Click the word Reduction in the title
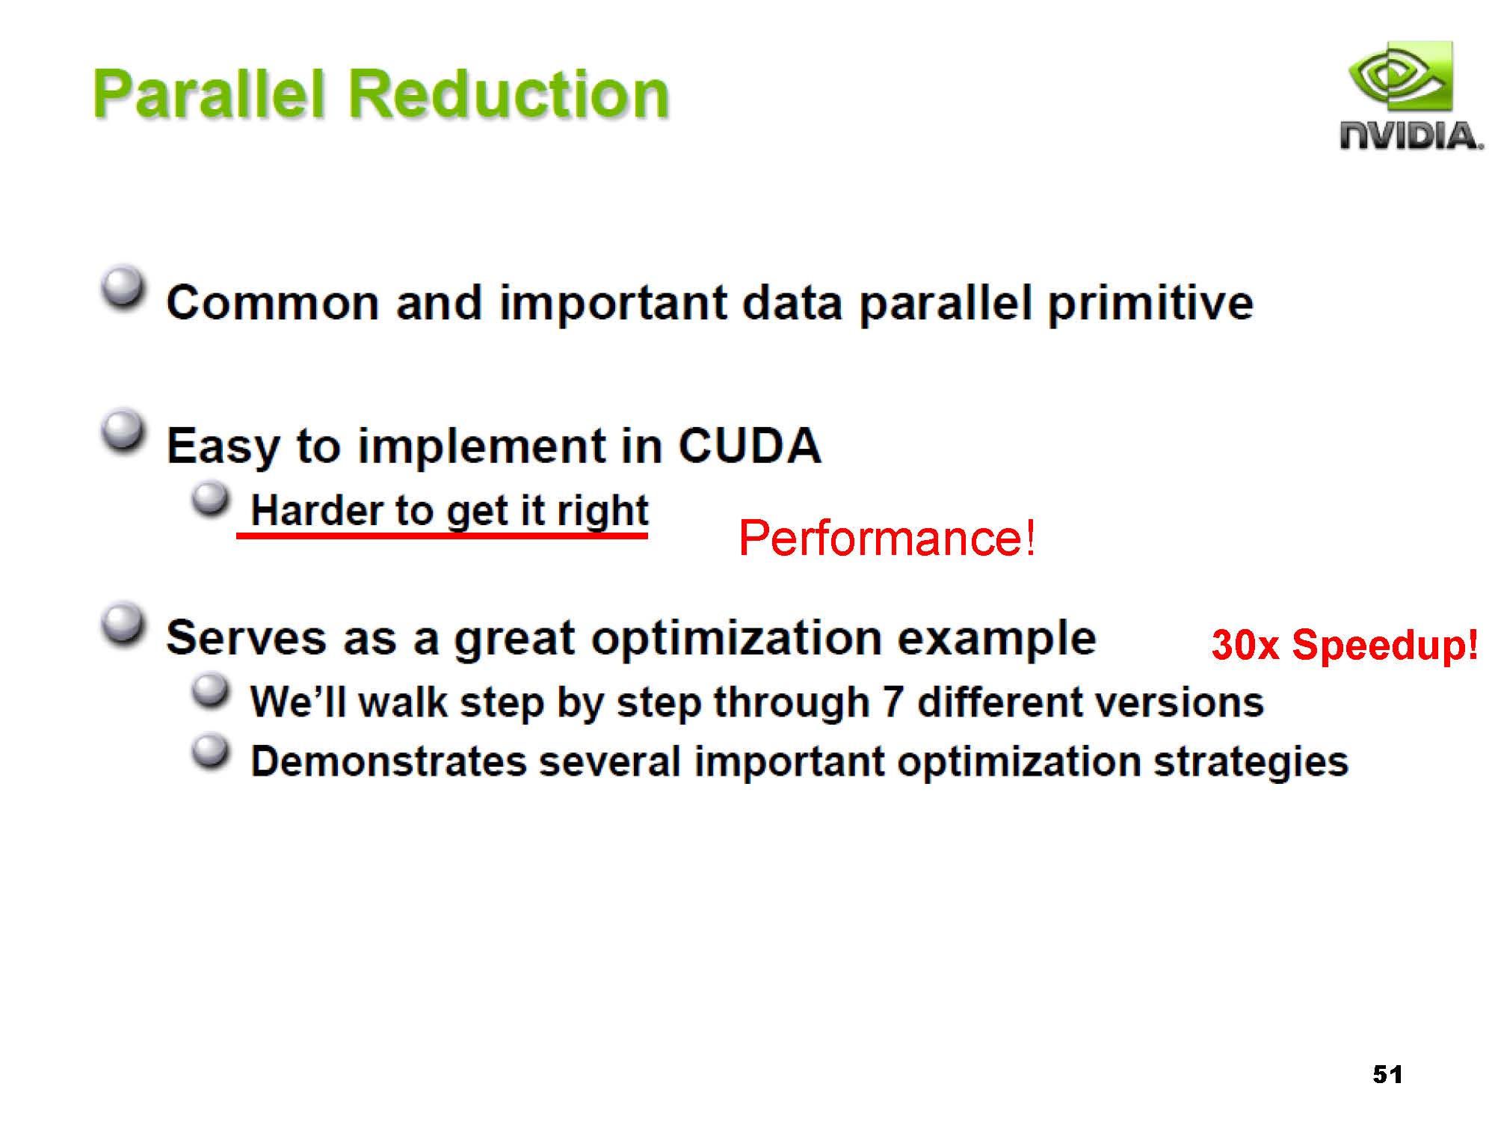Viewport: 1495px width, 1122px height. (x=508, y=94)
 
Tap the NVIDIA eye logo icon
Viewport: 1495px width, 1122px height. (x=1400, y=77)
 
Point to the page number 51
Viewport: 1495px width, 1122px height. (x=1387, y=1074)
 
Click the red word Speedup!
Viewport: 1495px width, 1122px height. (x=1384, y=645)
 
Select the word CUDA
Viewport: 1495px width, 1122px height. (x=750, y=446)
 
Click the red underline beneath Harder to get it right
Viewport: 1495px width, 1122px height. (x=442, y=535)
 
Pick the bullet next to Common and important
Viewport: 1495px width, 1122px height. (x=123, y=287)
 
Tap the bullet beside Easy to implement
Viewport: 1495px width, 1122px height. (x=123, y=431)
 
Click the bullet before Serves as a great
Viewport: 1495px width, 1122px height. (x=123, y=624)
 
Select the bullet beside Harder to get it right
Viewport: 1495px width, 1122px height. (x=211, y=498)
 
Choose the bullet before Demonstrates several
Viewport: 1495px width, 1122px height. (x=211, y=751)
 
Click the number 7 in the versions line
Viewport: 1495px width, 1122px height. (x=893, y=702)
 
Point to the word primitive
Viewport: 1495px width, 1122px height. (x=1151, y=304)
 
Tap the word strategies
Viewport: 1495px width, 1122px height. (x=1251, y=762)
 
